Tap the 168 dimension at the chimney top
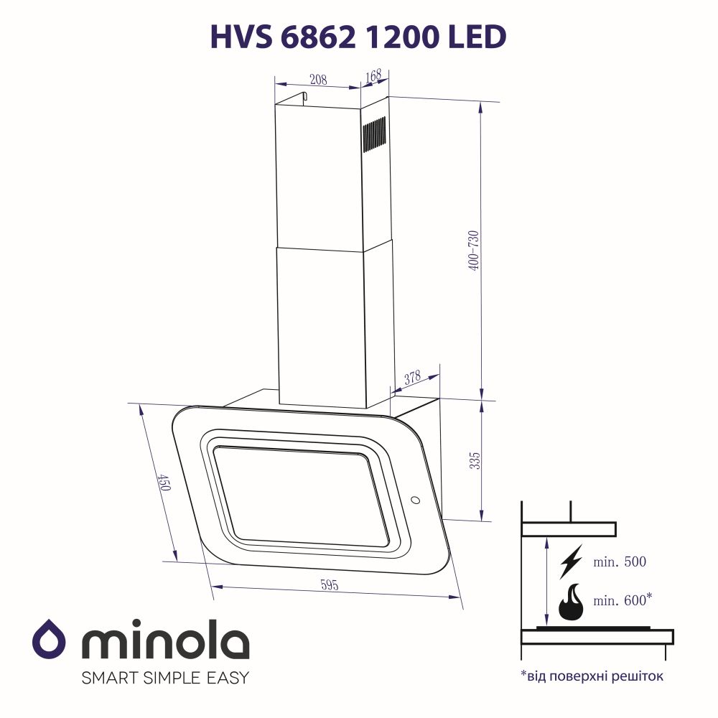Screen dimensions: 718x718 point(373,75)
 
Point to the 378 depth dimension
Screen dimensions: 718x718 point(412,378)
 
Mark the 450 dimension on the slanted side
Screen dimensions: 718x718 point(164,482)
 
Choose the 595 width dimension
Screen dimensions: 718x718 point(329,584)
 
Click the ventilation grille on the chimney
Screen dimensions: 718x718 point(374,136)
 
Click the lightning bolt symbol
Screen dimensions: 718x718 point(571,562)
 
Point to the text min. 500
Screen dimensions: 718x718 point(620,562)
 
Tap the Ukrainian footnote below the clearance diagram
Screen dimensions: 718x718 point(592,676)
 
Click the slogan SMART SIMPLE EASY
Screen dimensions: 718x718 point(165,677)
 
